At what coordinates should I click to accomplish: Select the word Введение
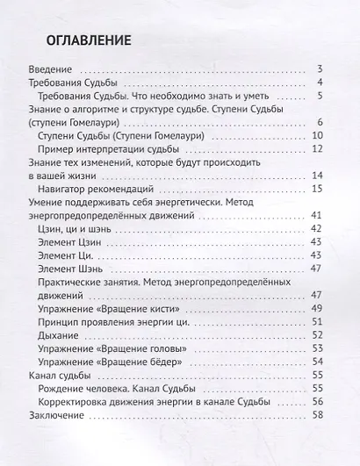pos(52,68)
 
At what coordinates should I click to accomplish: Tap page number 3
pos(321,68)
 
